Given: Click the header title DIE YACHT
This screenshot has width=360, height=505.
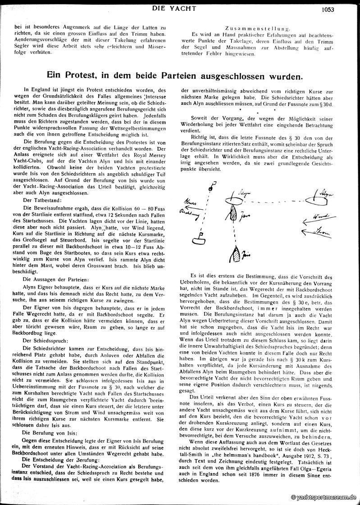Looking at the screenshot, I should (x=180, y=8).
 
